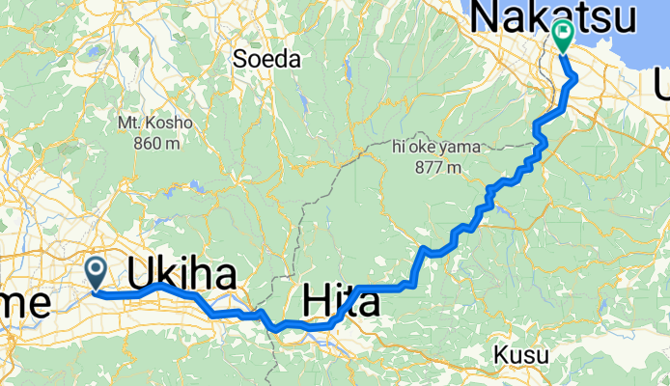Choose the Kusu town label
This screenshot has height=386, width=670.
click(x=521, y=355)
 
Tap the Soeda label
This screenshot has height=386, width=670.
click(x=266, y=59)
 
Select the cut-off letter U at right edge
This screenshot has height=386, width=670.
click(x=662, y=90)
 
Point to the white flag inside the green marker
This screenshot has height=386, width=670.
click(x=564, y=34)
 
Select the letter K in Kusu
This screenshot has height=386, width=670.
click(x=502, y=355)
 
